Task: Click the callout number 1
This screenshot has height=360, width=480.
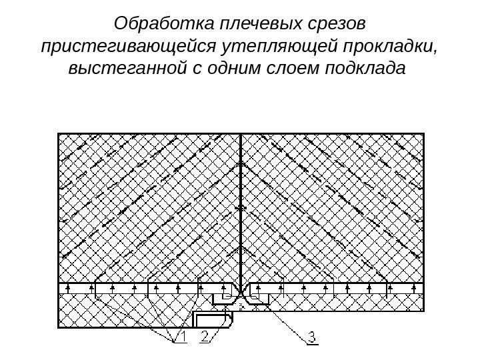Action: (179, 339)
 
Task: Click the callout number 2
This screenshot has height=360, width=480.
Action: (205, 339)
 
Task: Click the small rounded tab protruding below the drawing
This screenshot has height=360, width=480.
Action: (213, 319)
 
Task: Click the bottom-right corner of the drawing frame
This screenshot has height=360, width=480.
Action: (423, 311)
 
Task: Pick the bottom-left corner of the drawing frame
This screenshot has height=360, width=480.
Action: (59, 327)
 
